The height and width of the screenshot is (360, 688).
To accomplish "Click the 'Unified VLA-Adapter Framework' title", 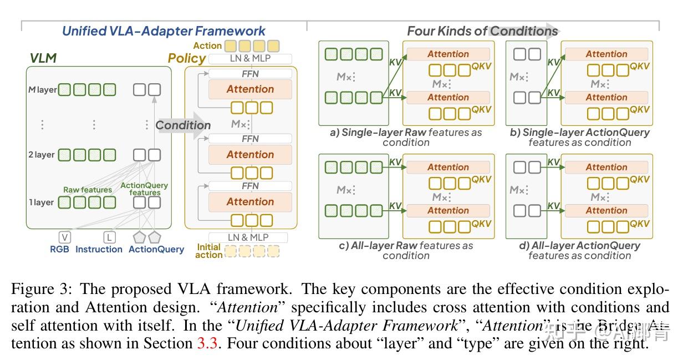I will point(164,31).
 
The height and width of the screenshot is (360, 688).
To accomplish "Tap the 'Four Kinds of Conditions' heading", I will point(482,31).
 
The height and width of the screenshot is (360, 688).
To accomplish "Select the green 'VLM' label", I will point(43,58).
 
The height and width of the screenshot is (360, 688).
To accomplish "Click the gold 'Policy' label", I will point(187,58).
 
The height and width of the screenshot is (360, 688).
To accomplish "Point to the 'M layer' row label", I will point(43,89).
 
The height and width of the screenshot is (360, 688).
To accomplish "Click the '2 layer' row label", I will point(42,155).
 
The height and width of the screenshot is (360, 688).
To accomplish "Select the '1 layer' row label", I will point(42,202).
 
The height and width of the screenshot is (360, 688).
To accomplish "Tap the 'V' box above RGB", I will point(65,237).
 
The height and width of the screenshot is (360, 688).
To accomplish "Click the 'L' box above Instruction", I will point(110,237).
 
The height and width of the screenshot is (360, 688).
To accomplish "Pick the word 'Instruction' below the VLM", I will point(99,250).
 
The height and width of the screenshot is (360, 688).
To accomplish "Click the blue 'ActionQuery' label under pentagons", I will point(156,250).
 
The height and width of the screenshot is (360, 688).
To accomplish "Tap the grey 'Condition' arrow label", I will point(183,125).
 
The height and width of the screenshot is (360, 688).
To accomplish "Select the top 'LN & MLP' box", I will point(251,59).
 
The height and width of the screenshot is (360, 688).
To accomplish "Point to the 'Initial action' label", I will point(208,251).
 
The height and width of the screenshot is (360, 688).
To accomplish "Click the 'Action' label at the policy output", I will point(208,46).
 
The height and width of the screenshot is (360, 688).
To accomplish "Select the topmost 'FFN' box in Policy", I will point(251,74).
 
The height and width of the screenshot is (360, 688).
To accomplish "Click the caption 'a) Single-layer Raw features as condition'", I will point(406,137).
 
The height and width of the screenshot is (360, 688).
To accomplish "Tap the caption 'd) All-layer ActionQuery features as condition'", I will point(579,250).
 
